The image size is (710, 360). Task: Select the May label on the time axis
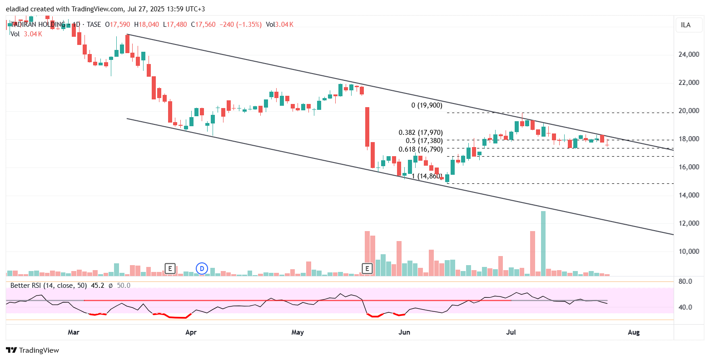pos(298,332)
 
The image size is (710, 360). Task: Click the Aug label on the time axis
pos(633,332)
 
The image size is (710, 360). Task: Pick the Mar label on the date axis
pos(74,332)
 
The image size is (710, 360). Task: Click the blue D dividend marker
pos(202,269)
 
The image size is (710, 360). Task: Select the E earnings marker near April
pos(170,269)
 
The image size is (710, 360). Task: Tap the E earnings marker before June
pos(367,269)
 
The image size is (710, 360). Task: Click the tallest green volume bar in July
pos(543,243)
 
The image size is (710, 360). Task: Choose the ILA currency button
pos(685,25)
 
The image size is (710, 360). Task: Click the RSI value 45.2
pos(98,286)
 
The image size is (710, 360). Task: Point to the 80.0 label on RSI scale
pos(685,281)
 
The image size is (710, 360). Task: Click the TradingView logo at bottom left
pos(32,350)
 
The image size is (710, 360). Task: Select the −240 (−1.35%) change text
pos(240,25)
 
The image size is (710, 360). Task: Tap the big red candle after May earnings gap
pos(367,128)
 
